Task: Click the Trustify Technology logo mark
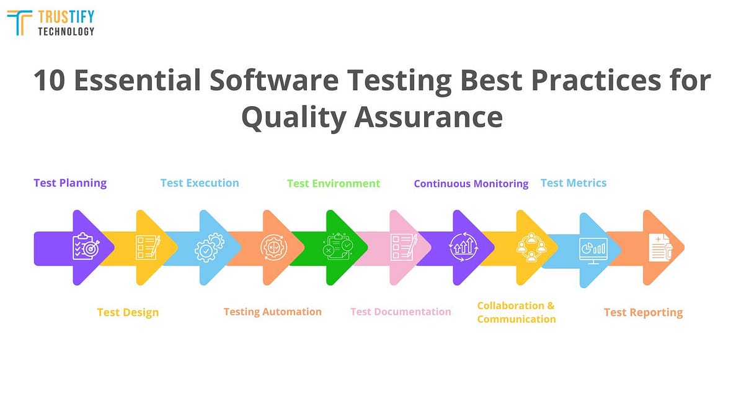(x=20, y=23)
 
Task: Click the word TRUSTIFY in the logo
(x=66, y=17)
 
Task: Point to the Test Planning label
(x=70, y=183)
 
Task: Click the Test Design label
(x=128, y=312)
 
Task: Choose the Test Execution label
(x=200, y=183)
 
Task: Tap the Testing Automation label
(x=273, y=312)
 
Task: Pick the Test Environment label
(x=334, y=184)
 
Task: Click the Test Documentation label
(x=401, y=312)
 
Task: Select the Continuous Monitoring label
(x=471, y=184)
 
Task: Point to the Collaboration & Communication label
(x=516, y=312)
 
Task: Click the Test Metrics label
(x=573, y=183)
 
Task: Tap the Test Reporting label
(x=643, y=312)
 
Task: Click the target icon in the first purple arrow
(x=85, y=247)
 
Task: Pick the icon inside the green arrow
(x=337, y=247)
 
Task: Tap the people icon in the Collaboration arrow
(x=531, y=247)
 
